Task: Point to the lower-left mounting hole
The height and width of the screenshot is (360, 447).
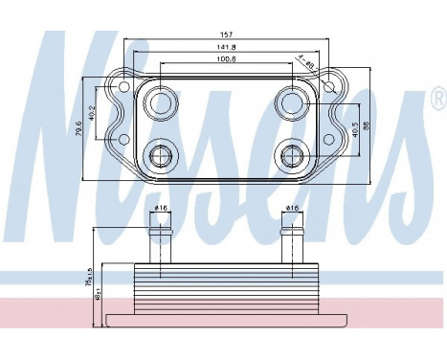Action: point(121,142)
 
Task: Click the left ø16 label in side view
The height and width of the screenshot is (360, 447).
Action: point(160,208)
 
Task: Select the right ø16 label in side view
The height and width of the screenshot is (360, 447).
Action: point(290,208)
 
